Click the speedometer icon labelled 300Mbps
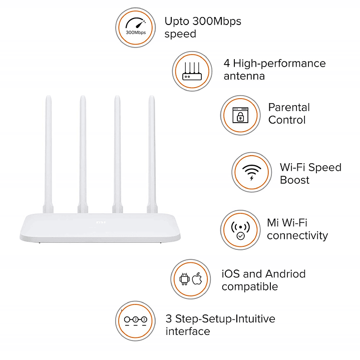pos(136,27)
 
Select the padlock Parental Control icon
pos(240,115)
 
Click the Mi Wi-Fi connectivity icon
pos(241,229)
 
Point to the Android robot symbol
pos(184,279)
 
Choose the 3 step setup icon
pos(135,320)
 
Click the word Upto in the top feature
pos(177,22)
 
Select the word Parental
pos(289,107)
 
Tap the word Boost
pos(294,180)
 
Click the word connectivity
pos(297,235)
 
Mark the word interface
pos(188,331)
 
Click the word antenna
pos(244,76)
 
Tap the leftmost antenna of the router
pos(49,150)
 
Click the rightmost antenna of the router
pos(151,150)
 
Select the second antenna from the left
pos(83,150)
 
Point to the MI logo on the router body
pos(100,220)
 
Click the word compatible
pos(249,286)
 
